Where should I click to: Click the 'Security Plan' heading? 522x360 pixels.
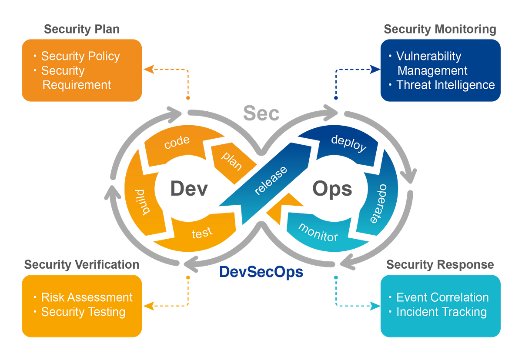(x=82, y=30)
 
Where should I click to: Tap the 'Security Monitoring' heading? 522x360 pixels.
(x=440, y=30)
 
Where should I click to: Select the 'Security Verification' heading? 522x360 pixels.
(x=82, y=265)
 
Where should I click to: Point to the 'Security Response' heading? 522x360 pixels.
(x=440, y=265)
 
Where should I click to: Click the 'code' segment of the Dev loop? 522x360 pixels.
(x=177, y=142)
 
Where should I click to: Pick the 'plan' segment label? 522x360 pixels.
(x=232, y=161)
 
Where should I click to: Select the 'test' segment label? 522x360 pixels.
(x=202, y=233)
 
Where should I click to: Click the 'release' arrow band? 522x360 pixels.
(x=271, y=181)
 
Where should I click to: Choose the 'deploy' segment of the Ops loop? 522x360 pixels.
(x=349, y=143)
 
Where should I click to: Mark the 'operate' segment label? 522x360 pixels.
(x=379, y=204)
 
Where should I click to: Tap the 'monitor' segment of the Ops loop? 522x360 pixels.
(x=318, y=233)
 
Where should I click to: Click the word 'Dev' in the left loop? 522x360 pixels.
(x=189, y=189)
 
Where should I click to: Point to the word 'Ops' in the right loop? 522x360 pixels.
(x=332, y=190)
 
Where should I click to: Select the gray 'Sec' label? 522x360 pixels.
(x=261, y=113)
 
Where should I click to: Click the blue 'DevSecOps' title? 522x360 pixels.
(x=261, y=272)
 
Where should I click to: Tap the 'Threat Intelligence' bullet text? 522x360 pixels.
(x=445, y=85)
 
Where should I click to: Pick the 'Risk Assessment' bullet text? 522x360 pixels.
(x=87, y=297)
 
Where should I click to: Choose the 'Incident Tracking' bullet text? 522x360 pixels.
(x=442, y=312)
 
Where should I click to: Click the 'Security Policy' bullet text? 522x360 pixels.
(x=80, y=57)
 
